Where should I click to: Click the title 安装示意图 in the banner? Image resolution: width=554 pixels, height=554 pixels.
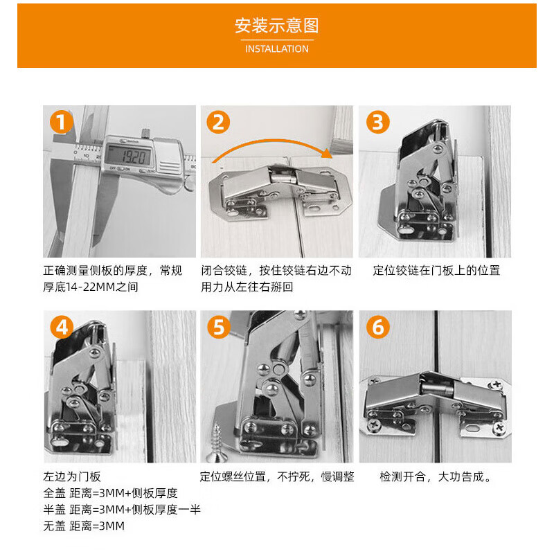tap(277, 26)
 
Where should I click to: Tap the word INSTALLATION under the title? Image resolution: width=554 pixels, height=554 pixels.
tap(277, 49)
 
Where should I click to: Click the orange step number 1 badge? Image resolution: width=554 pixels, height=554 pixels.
tap(62, 123)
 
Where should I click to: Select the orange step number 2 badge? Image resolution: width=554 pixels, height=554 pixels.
tap(219, 123)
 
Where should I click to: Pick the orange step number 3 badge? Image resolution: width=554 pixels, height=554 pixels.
tap(377, 123)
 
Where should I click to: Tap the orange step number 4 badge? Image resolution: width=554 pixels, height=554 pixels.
tap(62, 327)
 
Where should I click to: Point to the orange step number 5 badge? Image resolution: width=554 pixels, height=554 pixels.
tap(219, 327)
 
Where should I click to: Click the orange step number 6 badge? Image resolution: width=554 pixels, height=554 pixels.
tap(377, 327)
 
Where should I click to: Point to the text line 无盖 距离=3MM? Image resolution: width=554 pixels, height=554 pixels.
tap(84, 526)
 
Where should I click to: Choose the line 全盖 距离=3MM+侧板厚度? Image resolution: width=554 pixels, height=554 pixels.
tap(111, 494)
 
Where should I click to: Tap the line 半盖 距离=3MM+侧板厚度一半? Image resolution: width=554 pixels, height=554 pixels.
tap(122, 510)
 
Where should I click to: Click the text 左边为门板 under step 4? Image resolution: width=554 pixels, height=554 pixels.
tap(72, 477)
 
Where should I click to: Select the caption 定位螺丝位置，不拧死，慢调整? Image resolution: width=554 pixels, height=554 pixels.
tap(277, 477)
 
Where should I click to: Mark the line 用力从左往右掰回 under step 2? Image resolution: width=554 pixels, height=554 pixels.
tap(247, 287)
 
